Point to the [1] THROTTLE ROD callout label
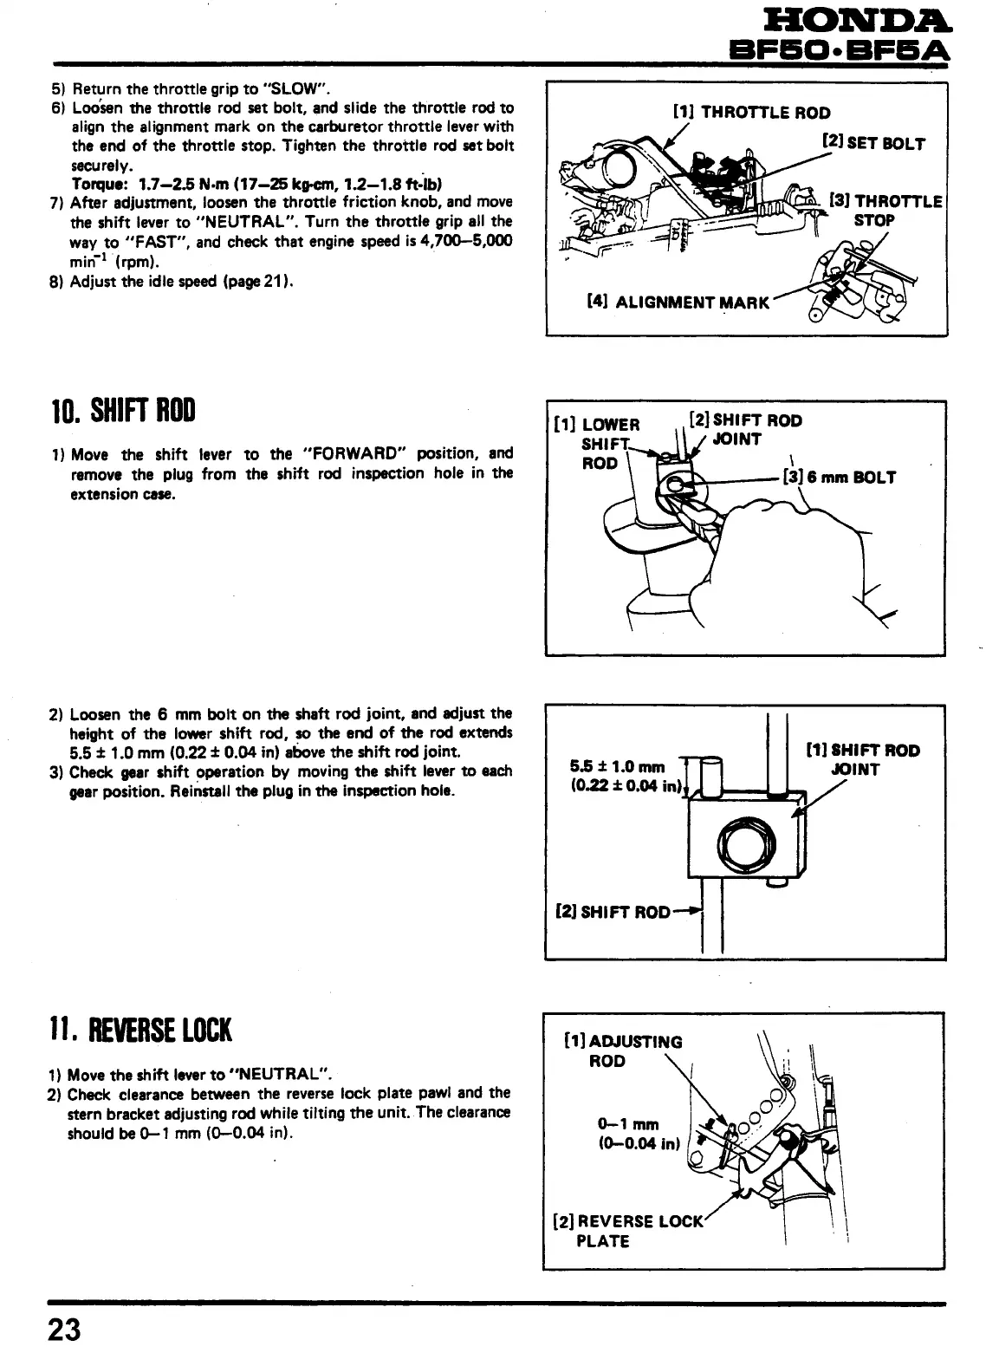(x=751, y=113)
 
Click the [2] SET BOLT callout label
(x=873, y=143)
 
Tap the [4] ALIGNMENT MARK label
(x=678, y=302)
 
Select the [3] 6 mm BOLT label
(x=839, y=477)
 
